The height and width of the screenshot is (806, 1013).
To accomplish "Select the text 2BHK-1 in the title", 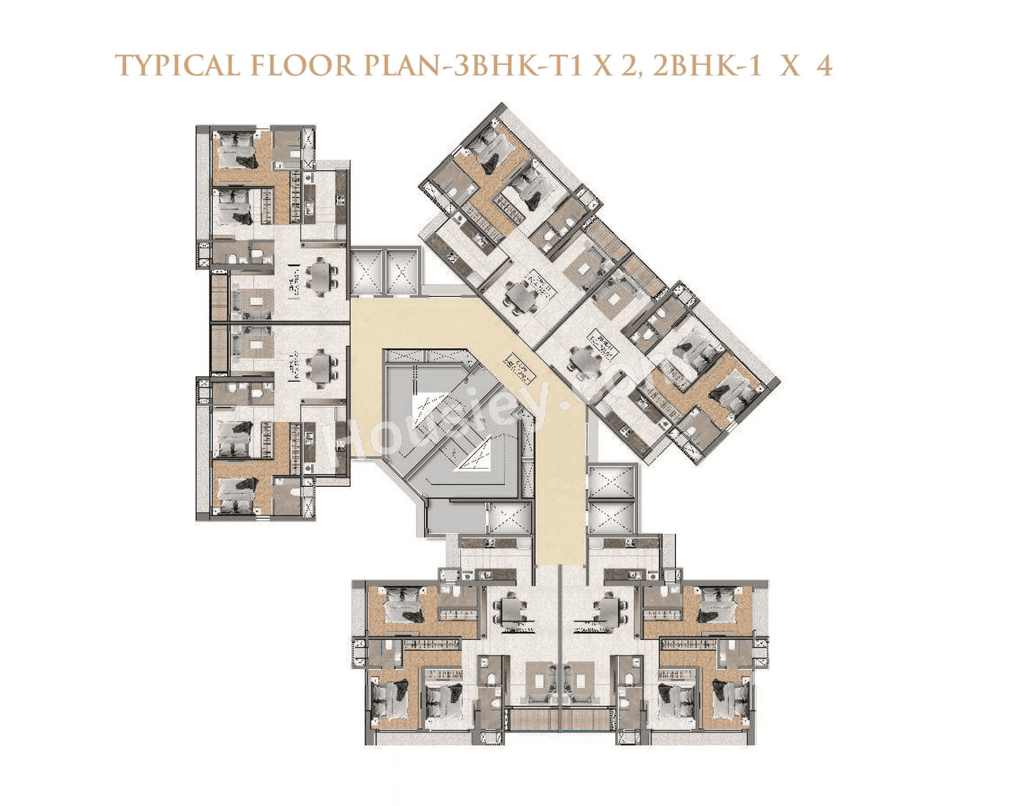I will pyautogui.click(x=708, y=66).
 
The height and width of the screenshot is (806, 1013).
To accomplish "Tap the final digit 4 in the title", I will pyautogui.click(x=825, y=66).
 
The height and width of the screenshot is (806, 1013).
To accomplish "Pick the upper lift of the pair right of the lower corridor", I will pyautogui.click(x=612, y=483).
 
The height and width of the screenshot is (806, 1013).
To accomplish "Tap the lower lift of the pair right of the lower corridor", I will pyautogui.click(x=612, y=518).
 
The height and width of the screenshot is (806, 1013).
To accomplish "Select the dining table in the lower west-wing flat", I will pyautogui.click(x=321, y=366).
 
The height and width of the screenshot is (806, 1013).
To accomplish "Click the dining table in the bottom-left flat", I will pyautogui.click(x=512, y=610).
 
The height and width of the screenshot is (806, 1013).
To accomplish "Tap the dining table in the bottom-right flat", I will pyautogui.click(x=609, y=610).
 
